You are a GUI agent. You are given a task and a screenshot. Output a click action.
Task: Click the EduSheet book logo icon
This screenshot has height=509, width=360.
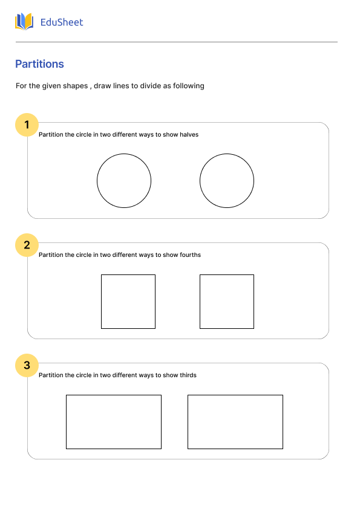coord(24,22)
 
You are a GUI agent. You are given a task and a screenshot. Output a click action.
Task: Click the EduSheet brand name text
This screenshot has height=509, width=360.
coord(61,22)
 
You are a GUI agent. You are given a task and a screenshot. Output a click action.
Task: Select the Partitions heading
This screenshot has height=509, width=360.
coord(39,64)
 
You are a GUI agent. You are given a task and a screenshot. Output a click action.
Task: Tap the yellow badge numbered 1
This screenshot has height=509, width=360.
coord(27,125)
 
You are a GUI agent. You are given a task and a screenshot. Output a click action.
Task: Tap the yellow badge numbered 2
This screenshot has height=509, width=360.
coord(27,245)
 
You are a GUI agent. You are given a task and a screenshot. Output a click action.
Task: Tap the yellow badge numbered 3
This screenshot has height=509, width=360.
coord(27,365)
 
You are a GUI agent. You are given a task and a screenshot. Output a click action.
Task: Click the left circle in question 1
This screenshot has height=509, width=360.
coord(124,181)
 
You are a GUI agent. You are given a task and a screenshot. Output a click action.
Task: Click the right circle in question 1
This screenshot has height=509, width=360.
coord(227,181)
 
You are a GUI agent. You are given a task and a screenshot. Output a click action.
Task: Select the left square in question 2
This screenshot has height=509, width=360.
coord(128,302)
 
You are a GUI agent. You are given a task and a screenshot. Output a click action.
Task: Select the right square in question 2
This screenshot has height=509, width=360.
coord(227,302)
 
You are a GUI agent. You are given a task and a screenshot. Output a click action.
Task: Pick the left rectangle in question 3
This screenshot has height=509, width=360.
coord(114,422)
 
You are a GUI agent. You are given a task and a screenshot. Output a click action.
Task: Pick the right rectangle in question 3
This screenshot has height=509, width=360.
coord(235,422)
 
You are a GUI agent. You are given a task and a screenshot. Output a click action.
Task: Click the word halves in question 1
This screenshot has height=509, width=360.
coord(189,135)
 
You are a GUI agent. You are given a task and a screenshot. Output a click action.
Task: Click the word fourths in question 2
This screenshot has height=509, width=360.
coord(190,255)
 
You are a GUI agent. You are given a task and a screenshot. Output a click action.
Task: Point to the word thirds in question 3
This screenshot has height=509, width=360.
coord(188,375)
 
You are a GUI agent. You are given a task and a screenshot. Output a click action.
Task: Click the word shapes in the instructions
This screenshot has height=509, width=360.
coord(76,86)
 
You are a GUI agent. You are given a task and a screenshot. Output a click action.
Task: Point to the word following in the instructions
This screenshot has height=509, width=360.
coord(189,86)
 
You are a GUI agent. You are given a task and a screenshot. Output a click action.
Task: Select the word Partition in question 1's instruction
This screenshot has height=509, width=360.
coord(51,135)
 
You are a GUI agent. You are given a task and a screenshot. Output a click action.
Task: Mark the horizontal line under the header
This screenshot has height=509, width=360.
coord(176,42)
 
